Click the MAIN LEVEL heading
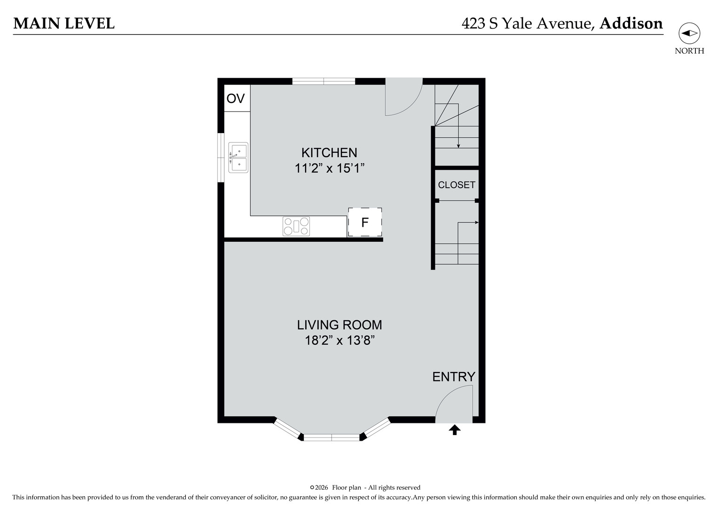(x=64, y=23)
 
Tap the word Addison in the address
(x=631, y=23)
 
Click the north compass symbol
(x=689, y=33)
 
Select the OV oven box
(x=236, y=98)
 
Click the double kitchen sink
(x=238, y=158)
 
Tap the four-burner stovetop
(x=296, y=226)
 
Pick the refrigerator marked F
(x=364, y=222)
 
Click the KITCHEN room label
(x=329, y=152)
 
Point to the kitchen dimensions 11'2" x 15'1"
(x=330, y=168)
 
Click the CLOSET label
(x=456, y=185)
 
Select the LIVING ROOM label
(x=339, y=325)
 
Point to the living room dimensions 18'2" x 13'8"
(x=339, y=340)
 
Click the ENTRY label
(x=453, y=377)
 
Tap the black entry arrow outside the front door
(x=454, y=429)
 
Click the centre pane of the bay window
(x=331, y=437)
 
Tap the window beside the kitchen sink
(x=221, y=158)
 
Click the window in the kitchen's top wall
(x=323, y=81)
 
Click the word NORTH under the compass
(x=689, y=51)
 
